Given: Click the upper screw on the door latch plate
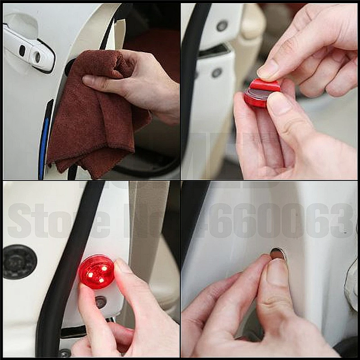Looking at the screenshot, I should pos(222,26).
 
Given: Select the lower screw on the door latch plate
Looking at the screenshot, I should pos(217,72).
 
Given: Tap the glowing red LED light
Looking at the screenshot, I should pos(97,271).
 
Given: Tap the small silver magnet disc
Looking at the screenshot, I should pos(278,254).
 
